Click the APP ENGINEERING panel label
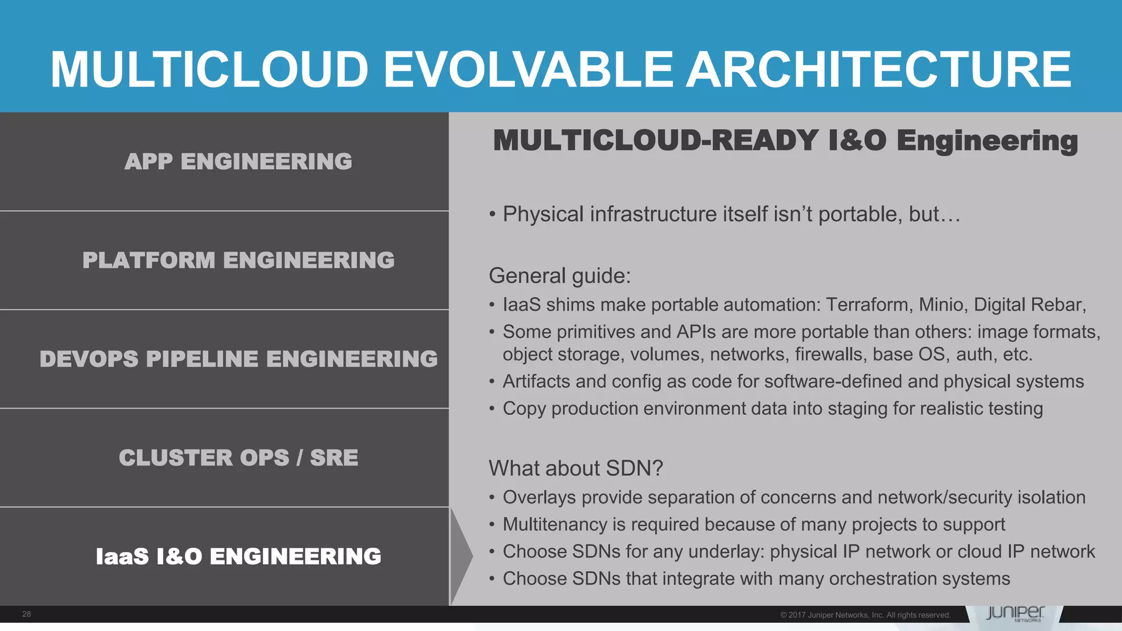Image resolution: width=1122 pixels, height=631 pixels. click(x=238, y=162)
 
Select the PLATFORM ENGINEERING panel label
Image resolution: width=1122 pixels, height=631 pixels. click(x=238, y=260)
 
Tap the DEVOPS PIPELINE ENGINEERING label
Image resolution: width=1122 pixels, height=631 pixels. click(x=238, y=359)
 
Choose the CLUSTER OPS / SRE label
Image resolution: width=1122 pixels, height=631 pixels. click(x=238, y=458)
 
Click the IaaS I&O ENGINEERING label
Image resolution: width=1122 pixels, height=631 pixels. click(x=238, y=557)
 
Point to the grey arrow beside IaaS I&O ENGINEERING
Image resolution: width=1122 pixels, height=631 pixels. click(x=461, y=557)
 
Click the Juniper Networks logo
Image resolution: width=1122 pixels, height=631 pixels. click(x=1015, y=613)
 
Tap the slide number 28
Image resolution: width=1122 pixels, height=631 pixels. click(x=26, y=614)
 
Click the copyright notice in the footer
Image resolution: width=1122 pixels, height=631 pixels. click(x=865, y=615)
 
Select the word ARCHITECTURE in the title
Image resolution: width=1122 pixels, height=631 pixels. click(x=879, y=69)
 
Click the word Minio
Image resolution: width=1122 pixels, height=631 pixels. click(x=941, y=305)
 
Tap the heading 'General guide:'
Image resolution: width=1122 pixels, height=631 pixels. click(x=559, y=276)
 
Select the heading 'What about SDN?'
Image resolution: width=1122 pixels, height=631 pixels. click(x=576, y=468)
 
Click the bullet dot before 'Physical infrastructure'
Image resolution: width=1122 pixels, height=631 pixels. click(x=493, y=215)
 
